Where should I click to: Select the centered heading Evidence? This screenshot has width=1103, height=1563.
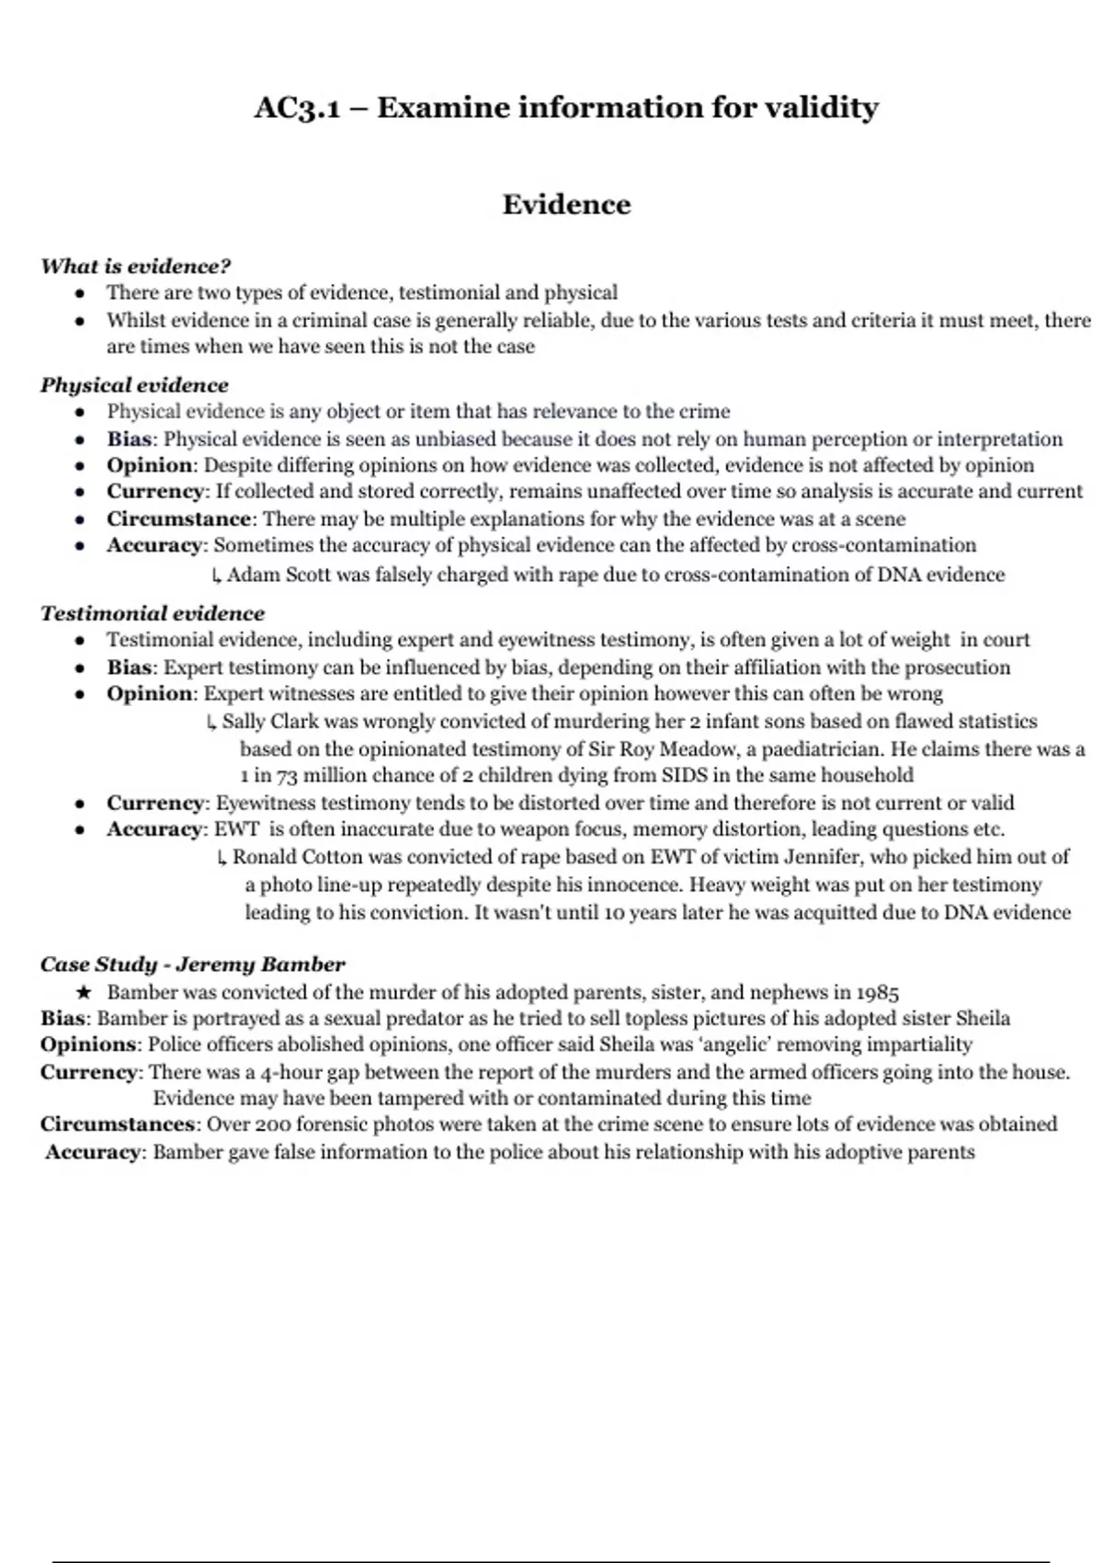566,204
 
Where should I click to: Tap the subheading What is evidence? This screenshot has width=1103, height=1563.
135,267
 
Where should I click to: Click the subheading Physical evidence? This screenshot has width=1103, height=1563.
134,385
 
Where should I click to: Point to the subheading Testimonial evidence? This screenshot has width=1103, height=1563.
152,613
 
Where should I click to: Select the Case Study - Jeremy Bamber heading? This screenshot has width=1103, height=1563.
192,964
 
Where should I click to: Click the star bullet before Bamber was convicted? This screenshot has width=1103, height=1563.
84,993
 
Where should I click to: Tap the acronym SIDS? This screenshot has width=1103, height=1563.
685,776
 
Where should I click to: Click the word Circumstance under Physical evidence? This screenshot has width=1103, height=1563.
178,519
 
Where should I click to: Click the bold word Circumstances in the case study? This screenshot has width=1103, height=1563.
118,1124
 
